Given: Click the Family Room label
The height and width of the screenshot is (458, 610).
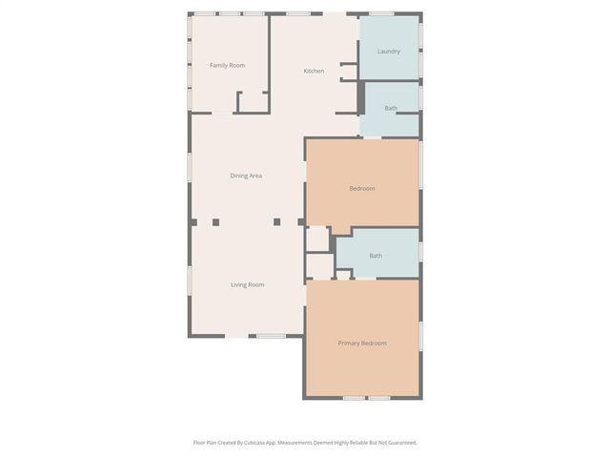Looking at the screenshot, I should tap(227, 65).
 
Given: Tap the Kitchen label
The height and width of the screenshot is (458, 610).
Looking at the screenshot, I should tap(314, 72).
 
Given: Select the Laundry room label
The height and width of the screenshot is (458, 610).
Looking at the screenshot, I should tap(388, 52).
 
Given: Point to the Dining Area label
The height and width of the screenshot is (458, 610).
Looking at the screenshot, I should tap(246, 176).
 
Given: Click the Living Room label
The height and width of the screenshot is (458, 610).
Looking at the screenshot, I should tap(247, 284).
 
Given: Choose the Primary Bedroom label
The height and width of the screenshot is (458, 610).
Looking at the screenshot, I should tap(362, 343).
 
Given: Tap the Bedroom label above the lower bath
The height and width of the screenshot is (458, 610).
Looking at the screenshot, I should tap(361, 189).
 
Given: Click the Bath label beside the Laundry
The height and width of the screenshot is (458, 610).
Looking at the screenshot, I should tap(391, 109).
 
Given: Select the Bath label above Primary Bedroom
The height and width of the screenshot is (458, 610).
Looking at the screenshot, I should tap(376, 256).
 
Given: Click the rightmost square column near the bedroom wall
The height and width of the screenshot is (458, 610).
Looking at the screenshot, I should tap(301, 222).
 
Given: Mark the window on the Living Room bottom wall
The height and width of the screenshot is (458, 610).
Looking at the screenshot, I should tap(271, 336).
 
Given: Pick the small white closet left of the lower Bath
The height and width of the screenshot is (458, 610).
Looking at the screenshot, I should tap(318, 239).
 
